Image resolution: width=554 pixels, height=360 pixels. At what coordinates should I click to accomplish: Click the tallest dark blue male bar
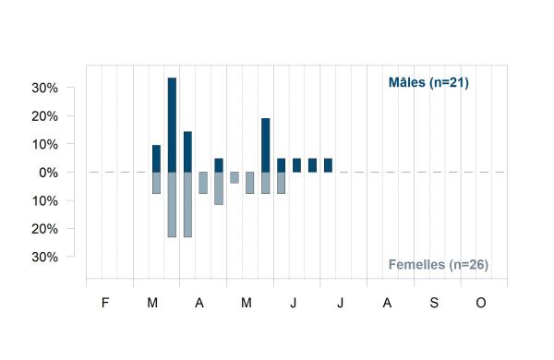(x=172, y=125)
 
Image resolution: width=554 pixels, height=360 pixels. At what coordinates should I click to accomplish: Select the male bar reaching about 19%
(x=266, y=145)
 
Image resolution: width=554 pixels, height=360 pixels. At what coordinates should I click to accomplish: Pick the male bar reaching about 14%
(x=187, y=152)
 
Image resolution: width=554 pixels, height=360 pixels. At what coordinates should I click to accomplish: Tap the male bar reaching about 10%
(x=157, y=159)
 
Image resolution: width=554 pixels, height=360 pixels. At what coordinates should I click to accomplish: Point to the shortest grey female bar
(x=235, y=177)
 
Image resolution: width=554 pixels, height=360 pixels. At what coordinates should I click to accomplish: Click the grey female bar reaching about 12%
(x=219, y=188)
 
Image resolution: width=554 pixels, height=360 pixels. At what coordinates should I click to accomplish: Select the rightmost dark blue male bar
(x=328, y=165)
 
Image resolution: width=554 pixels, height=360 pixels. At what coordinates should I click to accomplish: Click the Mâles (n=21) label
(x=428, y=83)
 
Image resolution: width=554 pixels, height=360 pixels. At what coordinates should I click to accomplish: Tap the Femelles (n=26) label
(x=439, y=265)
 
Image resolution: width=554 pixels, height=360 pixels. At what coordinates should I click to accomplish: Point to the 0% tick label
(x=48, y=173)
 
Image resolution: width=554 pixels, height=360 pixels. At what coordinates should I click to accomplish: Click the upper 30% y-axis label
(x=45, y=88)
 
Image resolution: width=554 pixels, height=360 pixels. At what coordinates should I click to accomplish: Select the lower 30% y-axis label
(x=45, y=257)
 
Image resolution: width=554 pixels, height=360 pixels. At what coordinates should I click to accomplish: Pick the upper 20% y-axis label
(x=45, y=116)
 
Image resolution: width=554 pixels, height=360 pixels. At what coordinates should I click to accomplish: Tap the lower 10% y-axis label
(x=45, y=201)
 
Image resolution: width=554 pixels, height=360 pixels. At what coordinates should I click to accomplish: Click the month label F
(x=105, y=303)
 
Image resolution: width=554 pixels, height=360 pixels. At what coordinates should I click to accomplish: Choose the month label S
(x=434, y=303)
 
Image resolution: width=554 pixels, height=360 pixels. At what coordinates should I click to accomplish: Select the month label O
(x=481, y=303)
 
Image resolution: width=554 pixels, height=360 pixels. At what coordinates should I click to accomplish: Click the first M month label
(x=152, y=303)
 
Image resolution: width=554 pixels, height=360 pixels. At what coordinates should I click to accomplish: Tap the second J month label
(x=340, y=303)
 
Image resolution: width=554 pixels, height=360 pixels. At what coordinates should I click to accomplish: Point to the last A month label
(x=387, y=303)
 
